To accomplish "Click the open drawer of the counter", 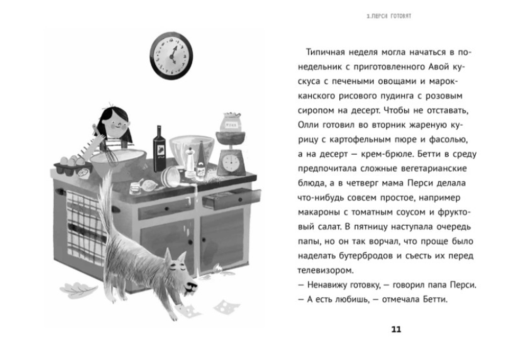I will click(x=230, y=198).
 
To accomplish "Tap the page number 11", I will click(x=396, y=329).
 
